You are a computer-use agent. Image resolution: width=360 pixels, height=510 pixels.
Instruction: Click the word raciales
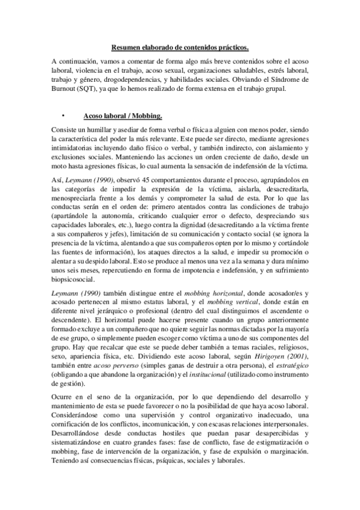pos(230,340)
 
